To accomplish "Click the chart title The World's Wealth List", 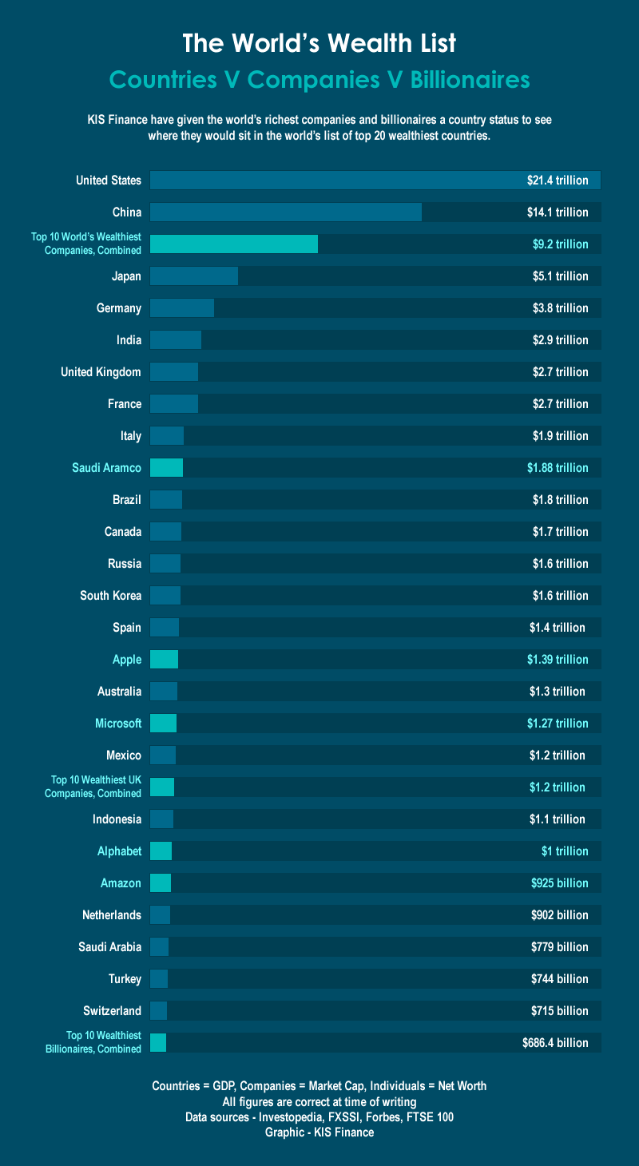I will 319,43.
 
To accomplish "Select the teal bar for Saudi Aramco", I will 166,468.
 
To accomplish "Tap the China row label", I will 127,212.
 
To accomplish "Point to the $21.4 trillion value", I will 558,180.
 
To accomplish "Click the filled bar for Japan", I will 194,276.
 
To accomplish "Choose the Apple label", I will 127,660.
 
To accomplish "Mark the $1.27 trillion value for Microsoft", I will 558,724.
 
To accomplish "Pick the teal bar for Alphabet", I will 161,851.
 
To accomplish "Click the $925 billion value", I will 559,883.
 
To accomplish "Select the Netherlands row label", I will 112,915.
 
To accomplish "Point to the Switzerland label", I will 112,1011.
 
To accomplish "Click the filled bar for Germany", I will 182,308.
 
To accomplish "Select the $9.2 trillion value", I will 560,244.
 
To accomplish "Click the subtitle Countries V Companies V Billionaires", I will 319,80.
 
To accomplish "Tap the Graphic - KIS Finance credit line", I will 319,1132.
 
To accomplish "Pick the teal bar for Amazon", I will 161,883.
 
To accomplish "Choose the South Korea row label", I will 110,596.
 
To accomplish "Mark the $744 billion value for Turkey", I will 559,979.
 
